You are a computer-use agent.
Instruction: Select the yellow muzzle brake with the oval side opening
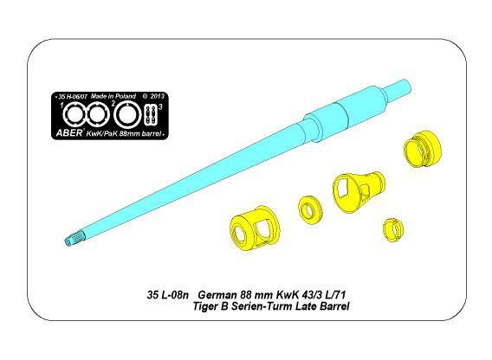coord(255,229)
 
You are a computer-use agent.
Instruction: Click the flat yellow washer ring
coord(311,209)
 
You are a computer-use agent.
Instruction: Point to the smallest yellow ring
coord(393,229)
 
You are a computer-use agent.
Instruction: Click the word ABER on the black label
coord(68,132)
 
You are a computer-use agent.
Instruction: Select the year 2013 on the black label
coord(157,96)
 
